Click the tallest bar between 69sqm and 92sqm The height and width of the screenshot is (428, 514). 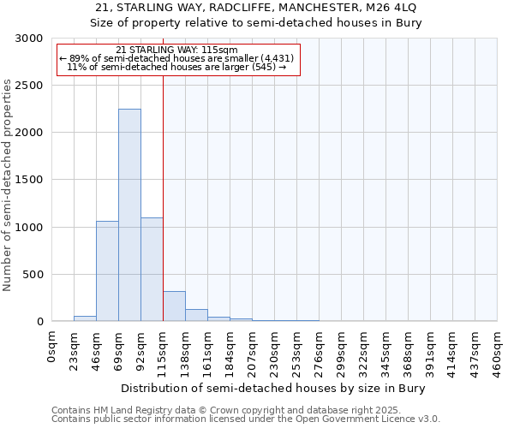(129, 215)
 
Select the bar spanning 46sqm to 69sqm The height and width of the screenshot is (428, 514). (107, 271)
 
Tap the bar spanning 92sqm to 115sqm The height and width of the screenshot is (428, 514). (152, 270)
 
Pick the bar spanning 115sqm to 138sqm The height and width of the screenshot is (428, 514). (174, 306)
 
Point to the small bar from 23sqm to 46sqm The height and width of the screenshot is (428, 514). (85, 318)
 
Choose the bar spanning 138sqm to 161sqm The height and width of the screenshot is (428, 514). (196, 315)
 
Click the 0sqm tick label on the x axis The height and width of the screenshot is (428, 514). (52, 348)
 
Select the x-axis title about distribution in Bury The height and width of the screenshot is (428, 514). (274, 388)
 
